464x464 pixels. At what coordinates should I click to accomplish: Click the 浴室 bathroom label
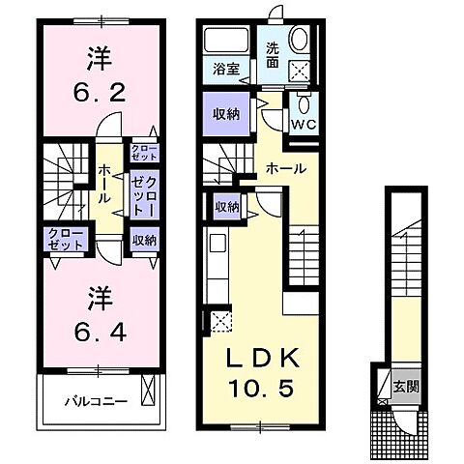tap(228, 69)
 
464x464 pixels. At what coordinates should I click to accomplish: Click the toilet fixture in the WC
tap(304, 105)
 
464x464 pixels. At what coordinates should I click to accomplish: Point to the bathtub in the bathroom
tap(228, 41)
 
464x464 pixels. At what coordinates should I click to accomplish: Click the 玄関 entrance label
tap(405, 387)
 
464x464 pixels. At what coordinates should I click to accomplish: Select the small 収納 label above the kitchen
tap(228, 206)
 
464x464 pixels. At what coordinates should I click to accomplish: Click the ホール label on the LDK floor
tap(286, 168)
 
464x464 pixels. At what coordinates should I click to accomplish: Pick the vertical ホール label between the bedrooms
tap(101, 180)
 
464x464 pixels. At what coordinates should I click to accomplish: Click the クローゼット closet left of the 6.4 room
tap(65, 238)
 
